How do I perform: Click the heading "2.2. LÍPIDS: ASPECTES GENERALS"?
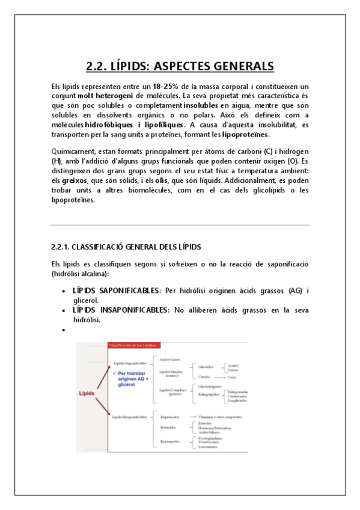pyautogui.click(x=180, y=66)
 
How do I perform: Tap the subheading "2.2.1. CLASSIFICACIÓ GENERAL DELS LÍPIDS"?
pyautogui.click(x=126, y=247)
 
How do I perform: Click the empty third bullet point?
pyautogui.click(x=64, y=330)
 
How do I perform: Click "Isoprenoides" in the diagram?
pyautogui.click(x=170, y=416)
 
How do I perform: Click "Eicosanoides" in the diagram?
pyautogui.click(x=170, y=441)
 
